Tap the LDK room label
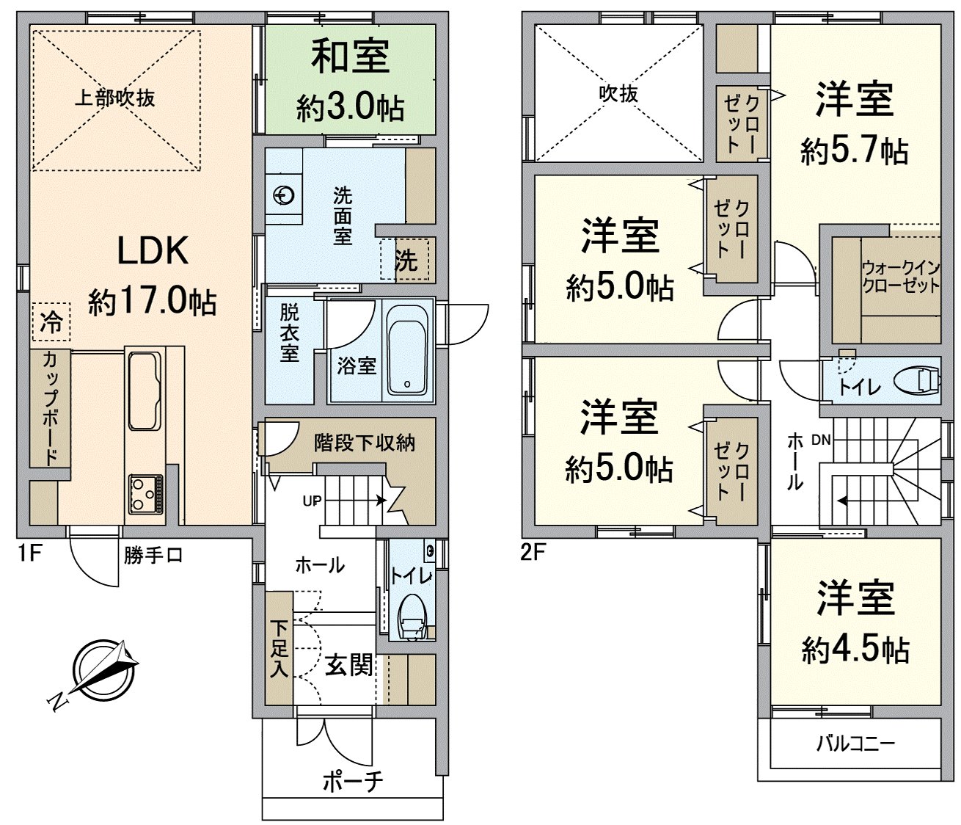(153, 250)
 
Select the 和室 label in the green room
(350, 57)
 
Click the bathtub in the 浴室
(407, 350)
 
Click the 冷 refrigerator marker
(51, 322)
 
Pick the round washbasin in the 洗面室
(284, 195)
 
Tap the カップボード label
(51, 407)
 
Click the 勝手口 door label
(153, 556)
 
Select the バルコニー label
(855, 744)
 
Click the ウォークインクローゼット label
(901, 276)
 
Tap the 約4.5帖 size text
(855, 650)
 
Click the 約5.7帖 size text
(854, 152)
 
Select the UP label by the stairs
(313, 501)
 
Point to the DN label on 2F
(821, 440)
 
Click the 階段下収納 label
(365, 443)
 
